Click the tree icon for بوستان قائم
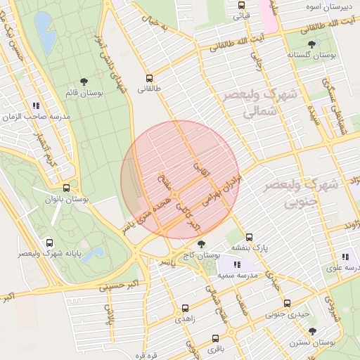84,82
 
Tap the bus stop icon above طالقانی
149,78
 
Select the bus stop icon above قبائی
242,4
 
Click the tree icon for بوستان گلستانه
312,44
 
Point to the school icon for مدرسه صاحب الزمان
35,105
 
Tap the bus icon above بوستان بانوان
66,188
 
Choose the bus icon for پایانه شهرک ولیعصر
49,242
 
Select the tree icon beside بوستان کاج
202,244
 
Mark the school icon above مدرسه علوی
345,257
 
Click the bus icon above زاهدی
185,308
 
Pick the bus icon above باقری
215,338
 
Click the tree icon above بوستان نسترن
312,331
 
